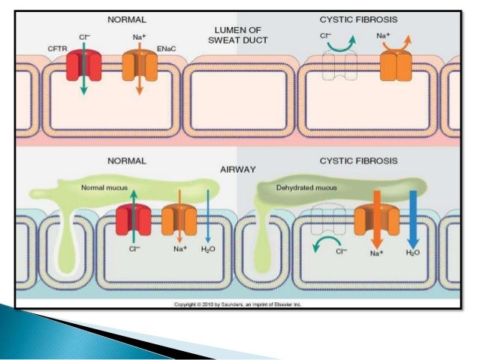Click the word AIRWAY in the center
[238, 171]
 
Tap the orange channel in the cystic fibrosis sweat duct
[396, 67]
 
